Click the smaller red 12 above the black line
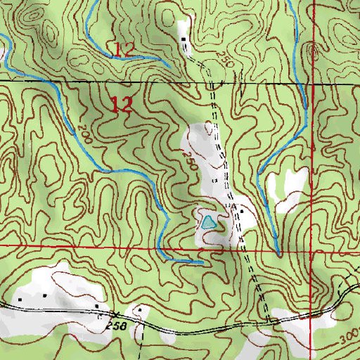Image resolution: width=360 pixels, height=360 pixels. pos(124,49)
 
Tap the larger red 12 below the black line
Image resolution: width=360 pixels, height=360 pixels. pos(121,105)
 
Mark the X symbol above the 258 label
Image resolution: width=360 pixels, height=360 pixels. pos(115,312)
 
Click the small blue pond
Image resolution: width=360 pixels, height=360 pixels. pos(207,224)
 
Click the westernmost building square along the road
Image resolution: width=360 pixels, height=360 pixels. pos(20,298)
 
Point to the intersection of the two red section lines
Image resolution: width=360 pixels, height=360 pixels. pos(310,248)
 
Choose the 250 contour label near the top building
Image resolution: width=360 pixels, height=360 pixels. pos(224,58)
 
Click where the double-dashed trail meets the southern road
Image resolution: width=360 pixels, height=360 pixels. pos(269,322)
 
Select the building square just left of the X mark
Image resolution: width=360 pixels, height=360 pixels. pos(96,307)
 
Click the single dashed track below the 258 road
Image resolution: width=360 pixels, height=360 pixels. pos(140,345)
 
